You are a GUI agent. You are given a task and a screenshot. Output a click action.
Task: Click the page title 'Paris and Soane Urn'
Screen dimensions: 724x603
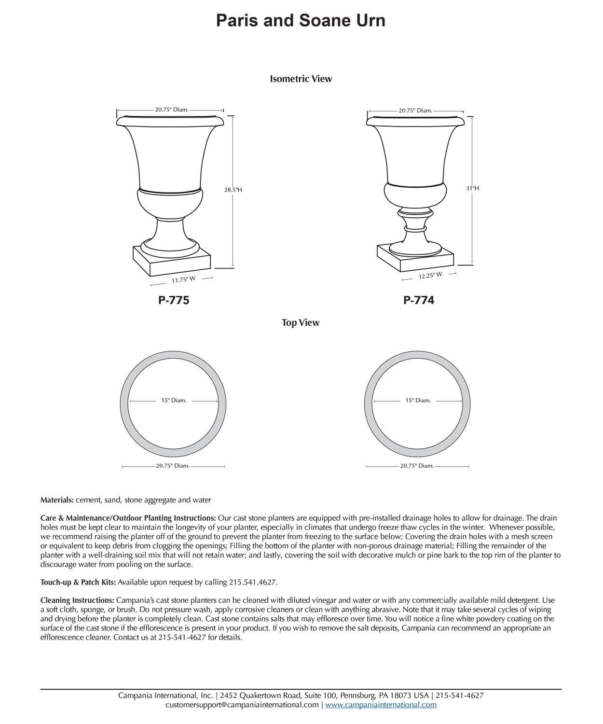(301, 20)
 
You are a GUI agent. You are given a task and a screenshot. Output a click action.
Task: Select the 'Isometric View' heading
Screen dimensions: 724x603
(301, 79)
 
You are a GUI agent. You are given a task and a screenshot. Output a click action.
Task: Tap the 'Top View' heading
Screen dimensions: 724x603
(301, 322)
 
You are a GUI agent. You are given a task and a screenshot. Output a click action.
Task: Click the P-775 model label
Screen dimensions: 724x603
(174, 300)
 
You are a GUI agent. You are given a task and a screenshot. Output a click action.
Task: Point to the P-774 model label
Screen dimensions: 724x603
(419, 300)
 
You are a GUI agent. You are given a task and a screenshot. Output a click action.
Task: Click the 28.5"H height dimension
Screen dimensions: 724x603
(233, 190)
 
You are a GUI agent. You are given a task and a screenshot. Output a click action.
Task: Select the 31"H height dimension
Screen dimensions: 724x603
(472, 188)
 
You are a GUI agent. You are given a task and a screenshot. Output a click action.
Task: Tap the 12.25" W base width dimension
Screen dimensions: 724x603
(430, 276)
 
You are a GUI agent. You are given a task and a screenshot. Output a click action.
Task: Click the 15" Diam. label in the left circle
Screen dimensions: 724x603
(174, 400)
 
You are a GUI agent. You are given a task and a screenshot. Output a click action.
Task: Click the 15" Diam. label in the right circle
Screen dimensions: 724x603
(418, 400)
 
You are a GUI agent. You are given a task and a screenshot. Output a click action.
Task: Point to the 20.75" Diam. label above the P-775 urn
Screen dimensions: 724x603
(171, 110)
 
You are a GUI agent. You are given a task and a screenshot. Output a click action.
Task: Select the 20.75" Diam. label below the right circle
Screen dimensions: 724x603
(417, 466)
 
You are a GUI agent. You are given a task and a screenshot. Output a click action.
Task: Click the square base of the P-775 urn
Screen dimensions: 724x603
(171, 263)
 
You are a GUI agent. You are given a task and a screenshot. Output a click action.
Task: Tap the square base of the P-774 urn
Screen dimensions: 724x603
(416, 261)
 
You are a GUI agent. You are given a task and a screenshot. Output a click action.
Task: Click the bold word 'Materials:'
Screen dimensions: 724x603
(57, 500)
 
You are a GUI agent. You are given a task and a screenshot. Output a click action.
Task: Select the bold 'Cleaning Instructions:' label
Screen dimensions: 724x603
(77, 600)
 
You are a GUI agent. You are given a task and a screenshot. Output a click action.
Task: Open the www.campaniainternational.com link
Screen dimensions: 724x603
(381, 705)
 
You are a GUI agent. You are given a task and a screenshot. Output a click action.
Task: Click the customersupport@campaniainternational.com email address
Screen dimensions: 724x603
(242, 705)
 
